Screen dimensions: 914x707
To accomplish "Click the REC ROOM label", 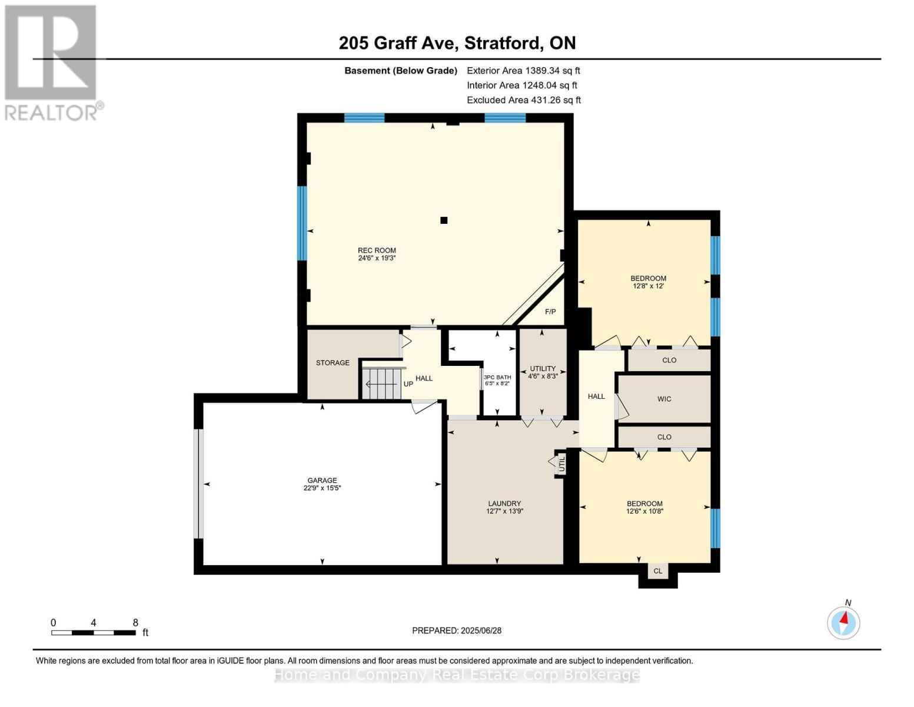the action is point(377,250).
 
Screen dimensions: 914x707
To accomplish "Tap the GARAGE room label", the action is point(322,480).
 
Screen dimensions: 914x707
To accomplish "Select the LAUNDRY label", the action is point(504,503).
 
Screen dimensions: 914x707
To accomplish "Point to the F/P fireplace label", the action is point(550,312).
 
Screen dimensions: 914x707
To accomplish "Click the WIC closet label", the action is point(664,399).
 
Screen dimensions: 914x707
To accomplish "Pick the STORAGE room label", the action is point(333,362).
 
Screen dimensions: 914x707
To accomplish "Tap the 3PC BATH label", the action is point(497,377).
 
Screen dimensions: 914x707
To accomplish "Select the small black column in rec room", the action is point(444,220).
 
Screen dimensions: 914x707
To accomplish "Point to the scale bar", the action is point(94,632).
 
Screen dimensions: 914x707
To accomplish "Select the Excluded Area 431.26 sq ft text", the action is point(524,100).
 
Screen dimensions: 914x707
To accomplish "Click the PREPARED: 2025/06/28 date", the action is point(457,630).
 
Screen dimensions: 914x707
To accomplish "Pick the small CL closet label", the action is point(658,571).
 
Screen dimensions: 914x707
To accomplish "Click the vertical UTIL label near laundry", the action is point(561,464).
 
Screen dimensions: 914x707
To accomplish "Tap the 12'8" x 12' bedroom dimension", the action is point(648,286).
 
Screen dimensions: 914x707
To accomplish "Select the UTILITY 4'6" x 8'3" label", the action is point(543,372).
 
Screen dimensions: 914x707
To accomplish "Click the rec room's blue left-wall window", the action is point(302,223).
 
